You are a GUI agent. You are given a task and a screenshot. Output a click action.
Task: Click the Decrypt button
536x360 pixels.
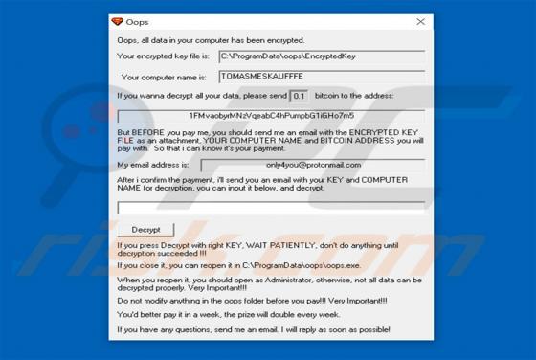tap(145, 230)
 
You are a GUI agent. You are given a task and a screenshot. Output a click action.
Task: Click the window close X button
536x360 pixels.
tap(420, 21)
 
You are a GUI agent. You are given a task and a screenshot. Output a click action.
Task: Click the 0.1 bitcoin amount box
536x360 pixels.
tap(299, 96)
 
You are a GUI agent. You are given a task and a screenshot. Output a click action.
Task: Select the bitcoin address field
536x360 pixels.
tap(272, 115)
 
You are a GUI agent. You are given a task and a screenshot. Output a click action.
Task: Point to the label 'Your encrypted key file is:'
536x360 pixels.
tap(164, 56)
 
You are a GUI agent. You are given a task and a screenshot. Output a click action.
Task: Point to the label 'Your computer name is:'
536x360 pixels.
tap(167, 76)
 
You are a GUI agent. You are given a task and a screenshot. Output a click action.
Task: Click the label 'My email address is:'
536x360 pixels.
tap(160, 165)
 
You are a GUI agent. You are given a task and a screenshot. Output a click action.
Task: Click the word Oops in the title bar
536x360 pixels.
tap(137, 21)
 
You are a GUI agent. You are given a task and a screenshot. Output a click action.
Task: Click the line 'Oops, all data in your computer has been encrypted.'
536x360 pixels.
tap(211, 40)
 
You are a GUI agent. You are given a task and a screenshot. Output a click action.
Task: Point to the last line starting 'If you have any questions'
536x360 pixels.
tap(253, 329)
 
